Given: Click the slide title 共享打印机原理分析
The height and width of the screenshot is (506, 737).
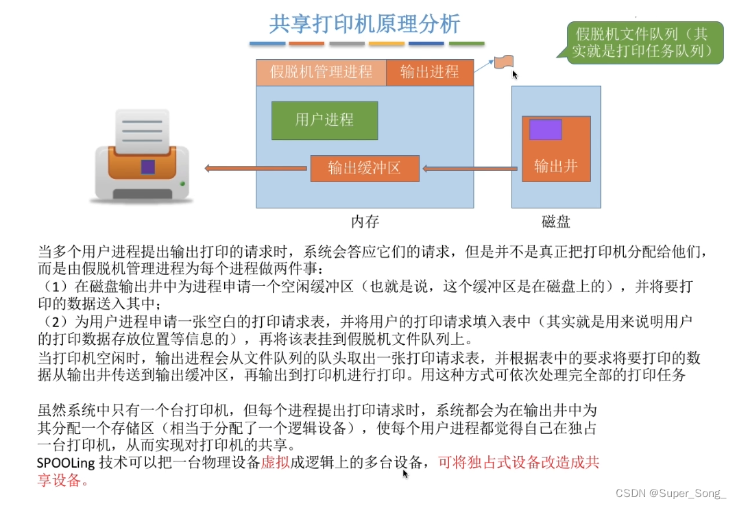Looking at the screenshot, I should (364, 24).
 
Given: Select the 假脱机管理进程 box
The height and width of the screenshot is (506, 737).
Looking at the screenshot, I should (321, 72).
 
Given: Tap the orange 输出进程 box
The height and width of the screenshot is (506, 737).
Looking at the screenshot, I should (429, 72).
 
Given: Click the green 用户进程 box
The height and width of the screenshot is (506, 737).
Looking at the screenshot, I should (324, 120).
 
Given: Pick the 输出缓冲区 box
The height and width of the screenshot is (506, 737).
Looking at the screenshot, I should (364, 168).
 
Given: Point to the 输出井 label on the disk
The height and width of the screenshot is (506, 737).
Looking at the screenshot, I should (556, 166).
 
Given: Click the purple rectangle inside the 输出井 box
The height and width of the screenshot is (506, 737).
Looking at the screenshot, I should (545, 130).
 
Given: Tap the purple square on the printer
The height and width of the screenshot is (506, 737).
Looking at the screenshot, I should (148, 167).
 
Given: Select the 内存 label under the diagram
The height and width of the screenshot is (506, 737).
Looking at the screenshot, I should (365, 221).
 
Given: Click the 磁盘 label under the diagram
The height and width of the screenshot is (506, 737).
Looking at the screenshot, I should (556, 221).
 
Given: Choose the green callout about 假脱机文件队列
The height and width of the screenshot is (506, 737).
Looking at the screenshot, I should (644, 43).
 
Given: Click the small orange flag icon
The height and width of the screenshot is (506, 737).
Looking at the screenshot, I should (505, 61).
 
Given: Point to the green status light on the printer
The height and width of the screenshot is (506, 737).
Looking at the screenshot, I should (182, 183).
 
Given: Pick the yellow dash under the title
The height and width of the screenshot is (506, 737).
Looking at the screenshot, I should (387, 44).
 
